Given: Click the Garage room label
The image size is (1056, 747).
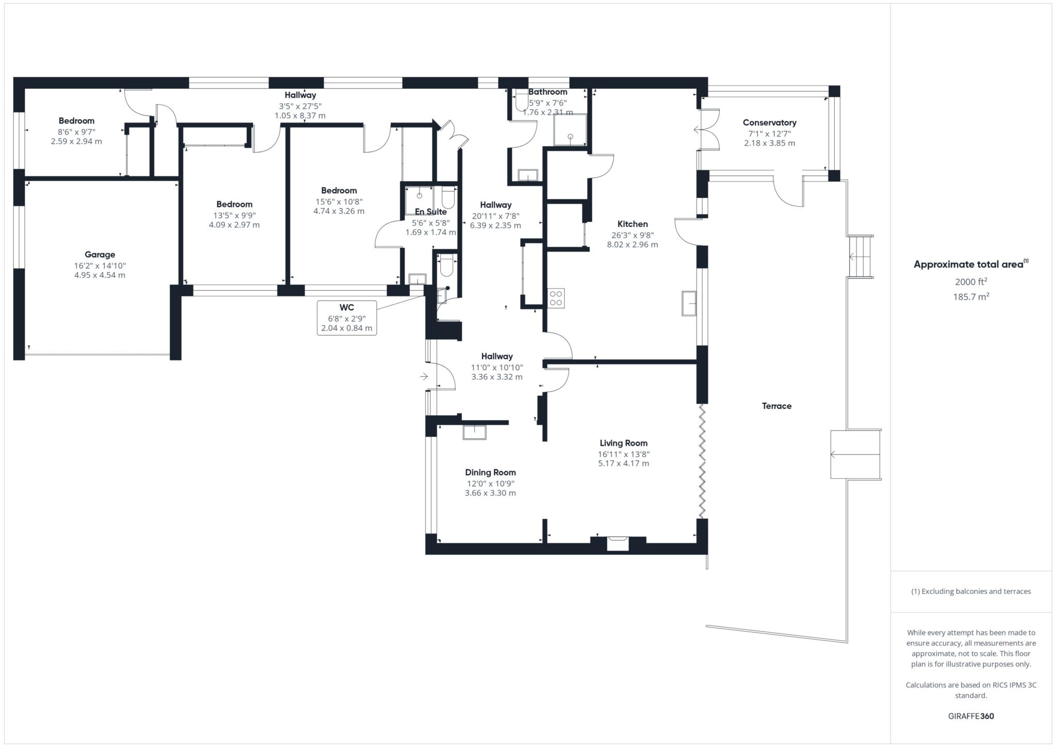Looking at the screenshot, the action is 100,255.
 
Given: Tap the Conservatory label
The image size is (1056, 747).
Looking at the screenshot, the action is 769,123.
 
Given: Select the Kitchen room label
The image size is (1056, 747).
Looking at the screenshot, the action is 633,224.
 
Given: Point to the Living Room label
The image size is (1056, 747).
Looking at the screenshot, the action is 623,443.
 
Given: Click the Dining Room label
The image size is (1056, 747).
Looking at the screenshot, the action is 490,473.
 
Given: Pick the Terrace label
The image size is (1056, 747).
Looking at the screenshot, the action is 777,406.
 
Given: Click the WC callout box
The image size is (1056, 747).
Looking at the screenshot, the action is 346,318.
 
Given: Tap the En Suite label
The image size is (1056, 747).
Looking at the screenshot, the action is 431,212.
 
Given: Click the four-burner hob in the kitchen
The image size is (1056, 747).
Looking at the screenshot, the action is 556,298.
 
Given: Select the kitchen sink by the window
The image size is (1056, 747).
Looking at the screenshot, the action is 689,303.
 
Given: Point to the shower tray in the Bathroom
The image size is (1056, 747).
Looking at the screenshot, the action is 570,129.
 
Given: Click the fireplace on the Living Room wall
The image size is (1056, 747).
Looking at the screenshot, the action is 618,544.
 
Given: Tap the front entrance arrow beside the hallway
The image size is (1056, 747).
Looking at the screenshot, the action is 424,377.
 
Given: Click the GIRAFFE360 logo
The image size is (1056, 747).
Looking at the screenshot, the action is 971,716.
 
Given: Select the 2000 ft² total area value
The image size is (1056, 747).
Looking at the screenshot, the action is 971,281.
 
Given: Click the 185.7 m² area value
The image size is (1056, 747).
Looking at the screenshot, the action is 971,296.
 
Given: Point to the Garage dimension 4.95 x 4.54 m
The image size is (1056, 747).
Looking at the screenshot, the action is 100,275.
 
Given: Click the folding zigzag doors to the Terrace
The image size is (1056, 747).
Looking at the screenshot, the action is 702,461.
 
